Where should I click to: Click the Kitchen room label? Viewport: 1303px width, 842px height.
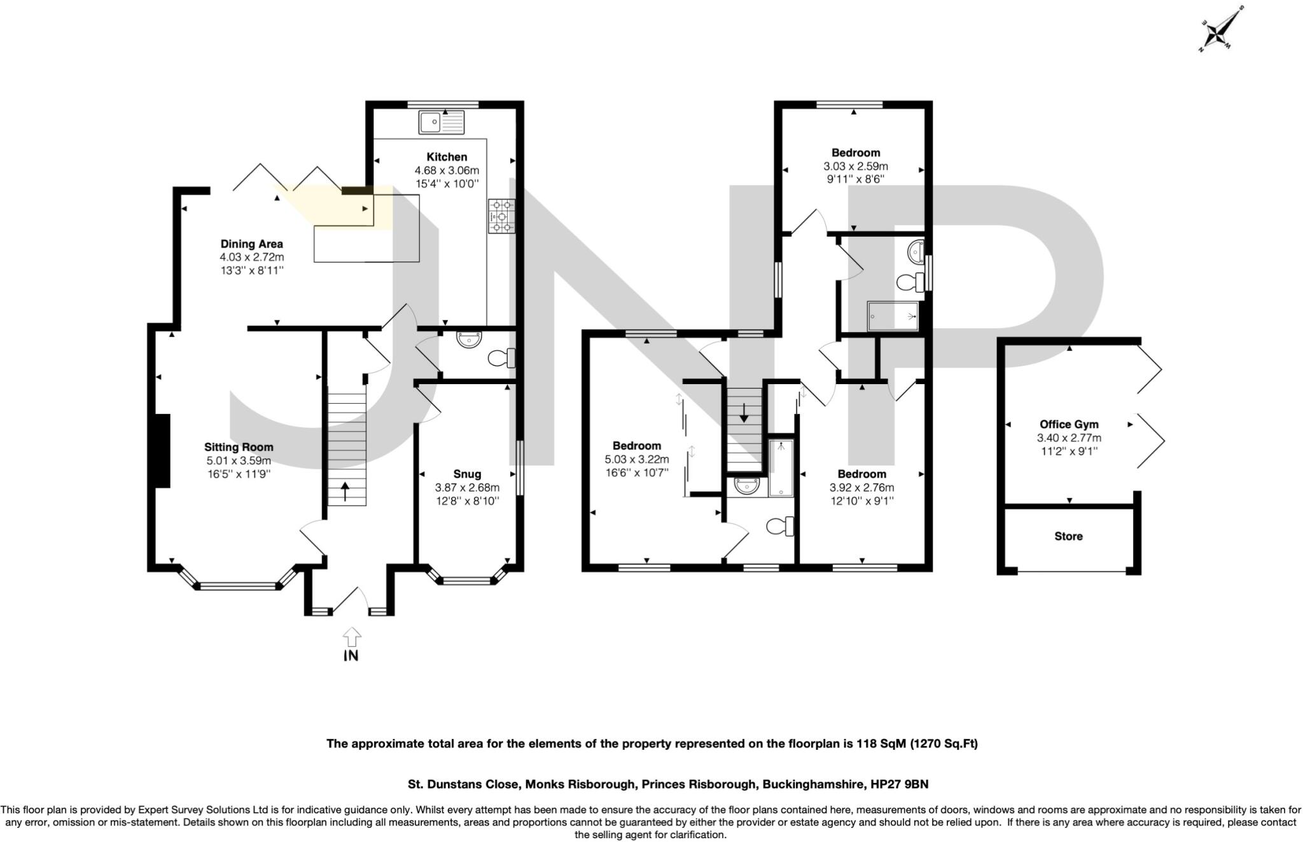pyautogui.click(x=447, y=156)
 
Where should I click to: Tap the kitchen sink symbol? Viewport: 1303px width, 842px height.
pyautogui.click(x=442, y=122)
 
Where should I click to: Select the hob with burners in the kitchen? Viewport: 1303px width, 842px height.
pyautogui.click(x=502, y=216)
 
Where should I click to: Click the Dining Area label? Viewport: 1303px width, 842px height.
pyautogui.click(x=251, y=244)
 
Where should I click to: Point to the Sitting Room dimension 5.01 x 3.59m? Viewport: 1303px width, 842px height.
pyautogui.click(x=239, y=460)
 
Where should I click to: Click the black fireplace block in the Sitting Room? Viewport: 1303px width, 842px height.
pyautogui.click(x=162, y=450)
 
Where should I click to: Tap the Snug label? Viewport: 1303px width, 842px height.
pyautogui.click(x=467, y=474)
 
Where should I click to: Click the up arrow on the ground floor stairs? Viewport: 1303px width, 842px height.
pyautogui.click(x=345, y=491)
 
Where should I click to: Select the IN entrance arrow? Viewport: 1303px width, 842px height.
pyautogui.click(x=351, y=638)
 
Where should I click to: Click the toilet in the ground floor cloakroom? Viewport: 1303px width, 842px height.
pyautogui.click(x=500, y=359)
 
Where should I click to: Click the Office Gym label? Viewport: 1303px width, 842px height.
pyautogui.click(x=1069, y=424)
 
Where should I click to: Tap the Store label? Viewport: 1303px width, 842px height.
pyautogui.click(x=1068, y=536)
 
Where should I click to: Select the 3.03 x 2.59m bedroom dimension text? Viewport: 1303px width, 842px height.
pyautogui.click(x=856, y=166)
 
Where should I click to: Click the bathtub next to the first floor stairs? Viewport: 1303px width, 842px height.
pyautogui.click(x=781, y=467)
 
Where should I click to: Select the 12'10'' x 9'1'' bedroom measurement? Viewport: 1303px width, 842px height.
pyautogui.click(x=861, y=500)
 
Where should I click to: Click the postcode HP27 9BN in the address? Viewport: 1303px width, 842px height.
pyautogui.click(x=899, y=784)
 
